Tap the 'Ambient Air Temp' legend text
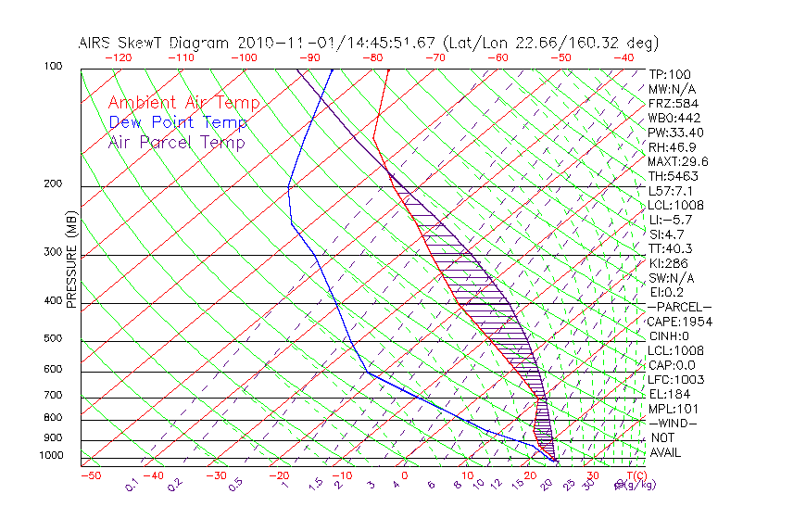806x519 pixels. (183, 103)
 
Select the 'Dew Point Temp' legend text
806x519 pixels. (177, 122)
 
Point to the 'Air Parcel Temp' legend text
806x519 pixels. (176, 142)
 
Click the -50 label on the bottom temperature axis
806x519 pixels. (90, 476)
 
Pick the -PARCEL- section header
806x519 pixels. (679, 307)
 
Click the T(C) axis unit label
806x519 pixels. (636, 476)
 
